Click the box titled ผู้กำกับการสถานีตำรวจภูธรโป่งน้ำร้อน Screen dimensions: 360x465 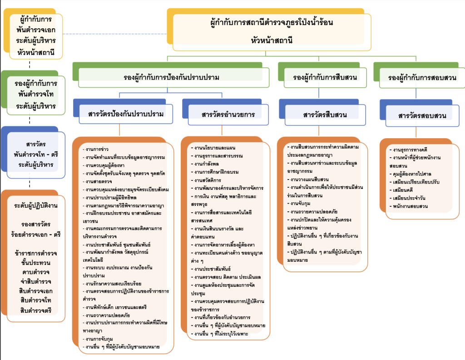tap(272, 31)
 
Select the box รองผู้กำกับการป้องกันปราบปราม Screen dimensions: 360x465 tap(171, 77)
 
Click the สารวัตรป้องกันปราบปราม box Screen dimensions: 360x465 tap(126, 114)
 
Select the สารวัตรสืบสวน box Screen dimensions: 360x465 tap(325, 115)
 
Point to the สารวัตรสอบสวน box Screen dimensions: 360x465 tap(422, 115)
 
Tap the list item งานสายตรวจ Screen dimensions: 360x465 tap(97, 181)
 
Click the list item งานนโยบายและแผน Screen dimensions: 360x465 tap(212, 148)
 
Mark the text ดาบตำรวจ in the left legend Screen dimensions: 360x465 tap(35, 272)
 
